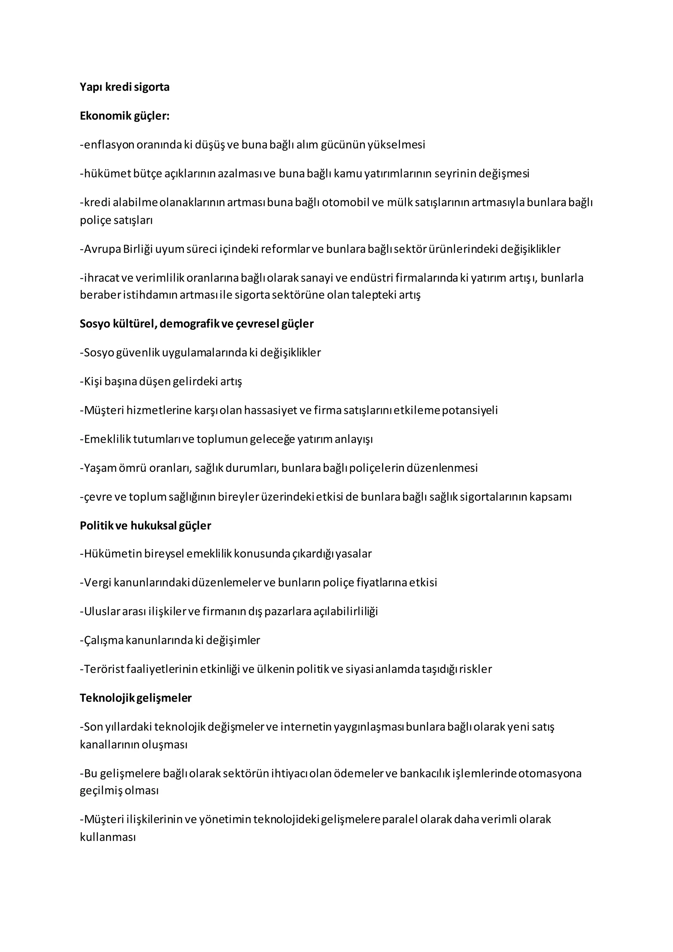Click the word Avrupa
[102, 249]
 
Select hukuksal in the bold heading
[154, 526]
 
